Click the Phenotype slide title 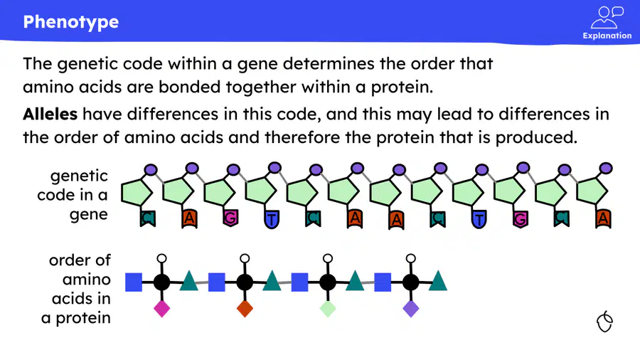click(71, 22)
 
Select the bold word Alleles click(50, 114)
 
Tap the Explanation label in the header click(607, 36)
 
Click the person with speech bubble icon click(607, 17)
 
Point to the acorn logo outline click(604, 322)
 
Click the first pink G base click(230, 218)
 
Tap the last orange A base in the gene click(603, 219)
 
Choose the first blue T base click(272, 219)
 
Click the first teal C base click(148, 218)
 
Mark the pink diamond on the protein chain click(161, 309)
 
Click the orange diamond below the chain click(245, 309)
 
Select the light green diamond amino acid click(328, 309)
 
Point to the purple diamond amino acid click(411, 309)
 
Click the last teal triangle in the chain click(438, 282)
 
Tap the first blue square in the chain click(134, 282)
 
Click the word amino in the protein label click(87, 280)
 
